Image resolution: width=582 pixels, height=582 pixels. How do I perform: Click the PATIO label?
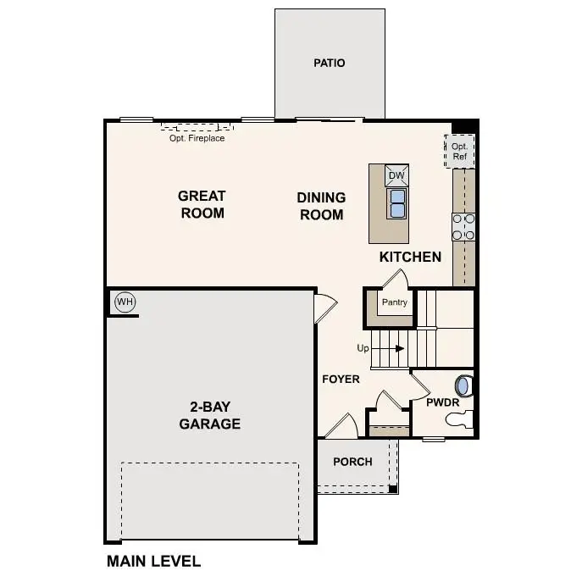329,63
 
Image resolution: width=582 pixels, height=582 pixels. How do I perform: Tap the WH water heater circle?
125,302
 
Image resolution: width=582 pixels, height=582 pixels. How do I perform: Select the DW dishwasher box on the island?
396,176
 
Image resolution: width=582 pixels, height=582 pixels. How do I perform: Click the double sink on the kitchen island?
396,202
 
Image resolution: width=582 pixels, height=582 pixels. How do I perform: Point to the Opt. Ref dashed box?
460,151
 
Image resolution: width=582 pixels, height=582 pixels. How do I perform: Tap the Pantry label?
394,302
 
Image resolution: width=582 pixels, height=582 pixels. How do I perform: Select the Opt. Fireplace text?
197,138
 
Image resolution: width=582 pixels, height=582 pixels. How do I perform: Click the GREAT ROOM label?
202,204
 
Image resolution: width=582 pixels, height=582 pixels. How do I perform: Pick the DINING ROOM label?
321,206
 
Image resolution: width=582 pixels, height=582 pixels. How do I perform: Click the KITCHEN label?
410,257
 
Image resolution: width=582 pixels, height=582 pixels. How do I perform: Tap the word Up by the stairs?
363,348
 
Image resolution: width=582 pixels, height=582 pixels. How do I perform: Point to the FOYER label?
341,379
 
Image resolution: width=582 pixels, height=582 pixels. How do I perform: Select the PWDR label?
442,402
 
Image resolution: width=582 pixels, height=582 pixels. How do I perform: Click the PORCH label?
352,462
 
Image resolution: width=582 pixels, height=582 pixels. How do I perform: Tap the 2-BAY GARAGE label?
209,415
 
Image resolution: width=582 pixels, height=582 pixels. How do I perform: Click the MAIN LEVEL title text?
153,561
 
